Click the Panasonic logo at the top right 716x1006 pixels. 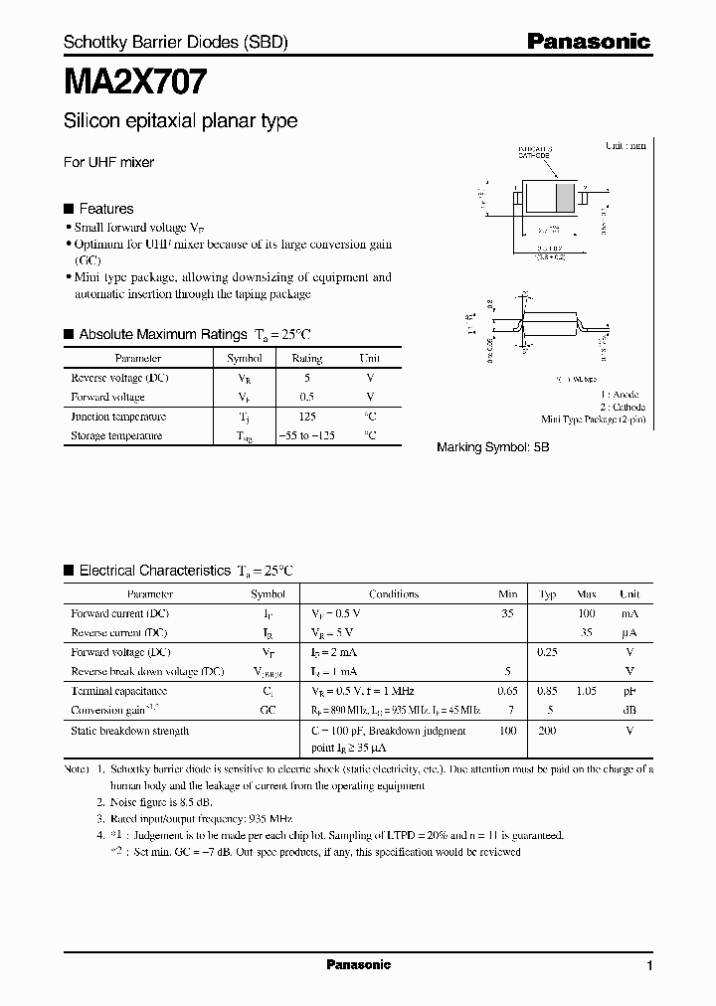[588, 41]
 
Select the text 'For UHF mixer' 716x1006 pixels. [108, 162]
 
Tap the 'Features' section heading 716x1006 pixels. [105, 209]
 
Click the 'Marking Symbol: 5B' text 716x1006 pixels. [492, 448]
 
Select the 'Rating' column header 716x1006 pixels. [306, 358]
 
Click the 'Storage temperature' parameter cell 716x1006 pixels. [116, 435]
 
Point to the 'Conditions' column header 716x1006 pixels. [394, 594]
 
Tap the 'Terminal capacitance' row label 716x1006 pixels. [118, 691]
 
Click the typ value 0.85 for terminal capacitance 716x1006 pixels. [547, 691]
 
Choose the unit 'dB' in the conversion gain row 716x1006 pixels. [628, 710]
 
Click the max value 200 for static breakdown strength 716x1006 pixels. [547, 731]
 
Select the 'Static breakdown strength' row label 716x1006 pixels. [129, 731]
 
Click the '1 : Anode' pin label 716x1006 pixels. [625, 395]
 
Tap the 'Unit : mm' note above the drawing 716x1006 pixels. [626, 145]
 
